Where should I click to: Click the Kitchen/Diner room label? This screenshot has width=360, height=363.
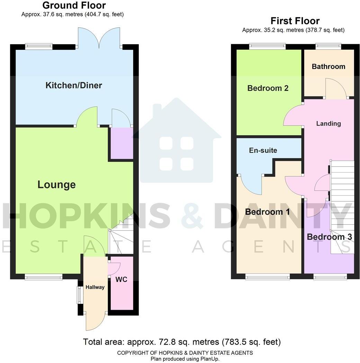[74, 85]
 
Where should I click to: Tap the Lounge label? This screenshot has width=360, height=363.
[56, 185]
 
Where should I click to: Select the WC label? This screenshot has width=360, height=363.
[121, 279]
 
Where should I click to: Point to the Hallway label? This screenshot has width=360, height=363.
[95, 287]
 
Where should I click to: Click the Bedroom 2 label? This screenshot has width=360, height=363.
[268, 88]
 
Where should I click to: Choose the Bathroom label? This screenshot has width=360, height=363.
[328, 66]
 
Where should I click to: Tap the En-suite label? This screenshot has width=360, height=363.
[263, 150]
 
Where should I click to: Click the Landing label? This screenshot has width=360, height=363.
[328, 123]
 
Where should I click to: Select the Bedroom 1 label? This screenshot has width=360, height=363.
[267, 212]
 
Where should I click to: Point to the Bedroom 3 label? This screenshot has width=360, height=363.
[329, 237]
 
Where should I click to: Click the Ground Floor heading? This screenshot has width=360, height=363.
[74, 6]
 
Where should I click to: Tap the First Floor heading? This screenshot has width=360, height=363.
[295, 21]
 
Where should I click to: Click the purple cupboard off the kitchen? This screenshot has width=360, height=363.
[121, 143]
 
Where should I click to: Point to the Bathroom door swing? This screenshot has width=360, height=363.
[335, 88]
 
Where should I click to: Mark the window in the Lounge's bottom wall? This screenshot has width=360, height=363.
[43, 276]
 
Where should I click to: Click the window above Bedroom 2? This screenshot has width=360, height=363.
[267, 45]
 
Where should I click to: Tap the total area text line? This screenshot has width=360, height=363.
[182, 342]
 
